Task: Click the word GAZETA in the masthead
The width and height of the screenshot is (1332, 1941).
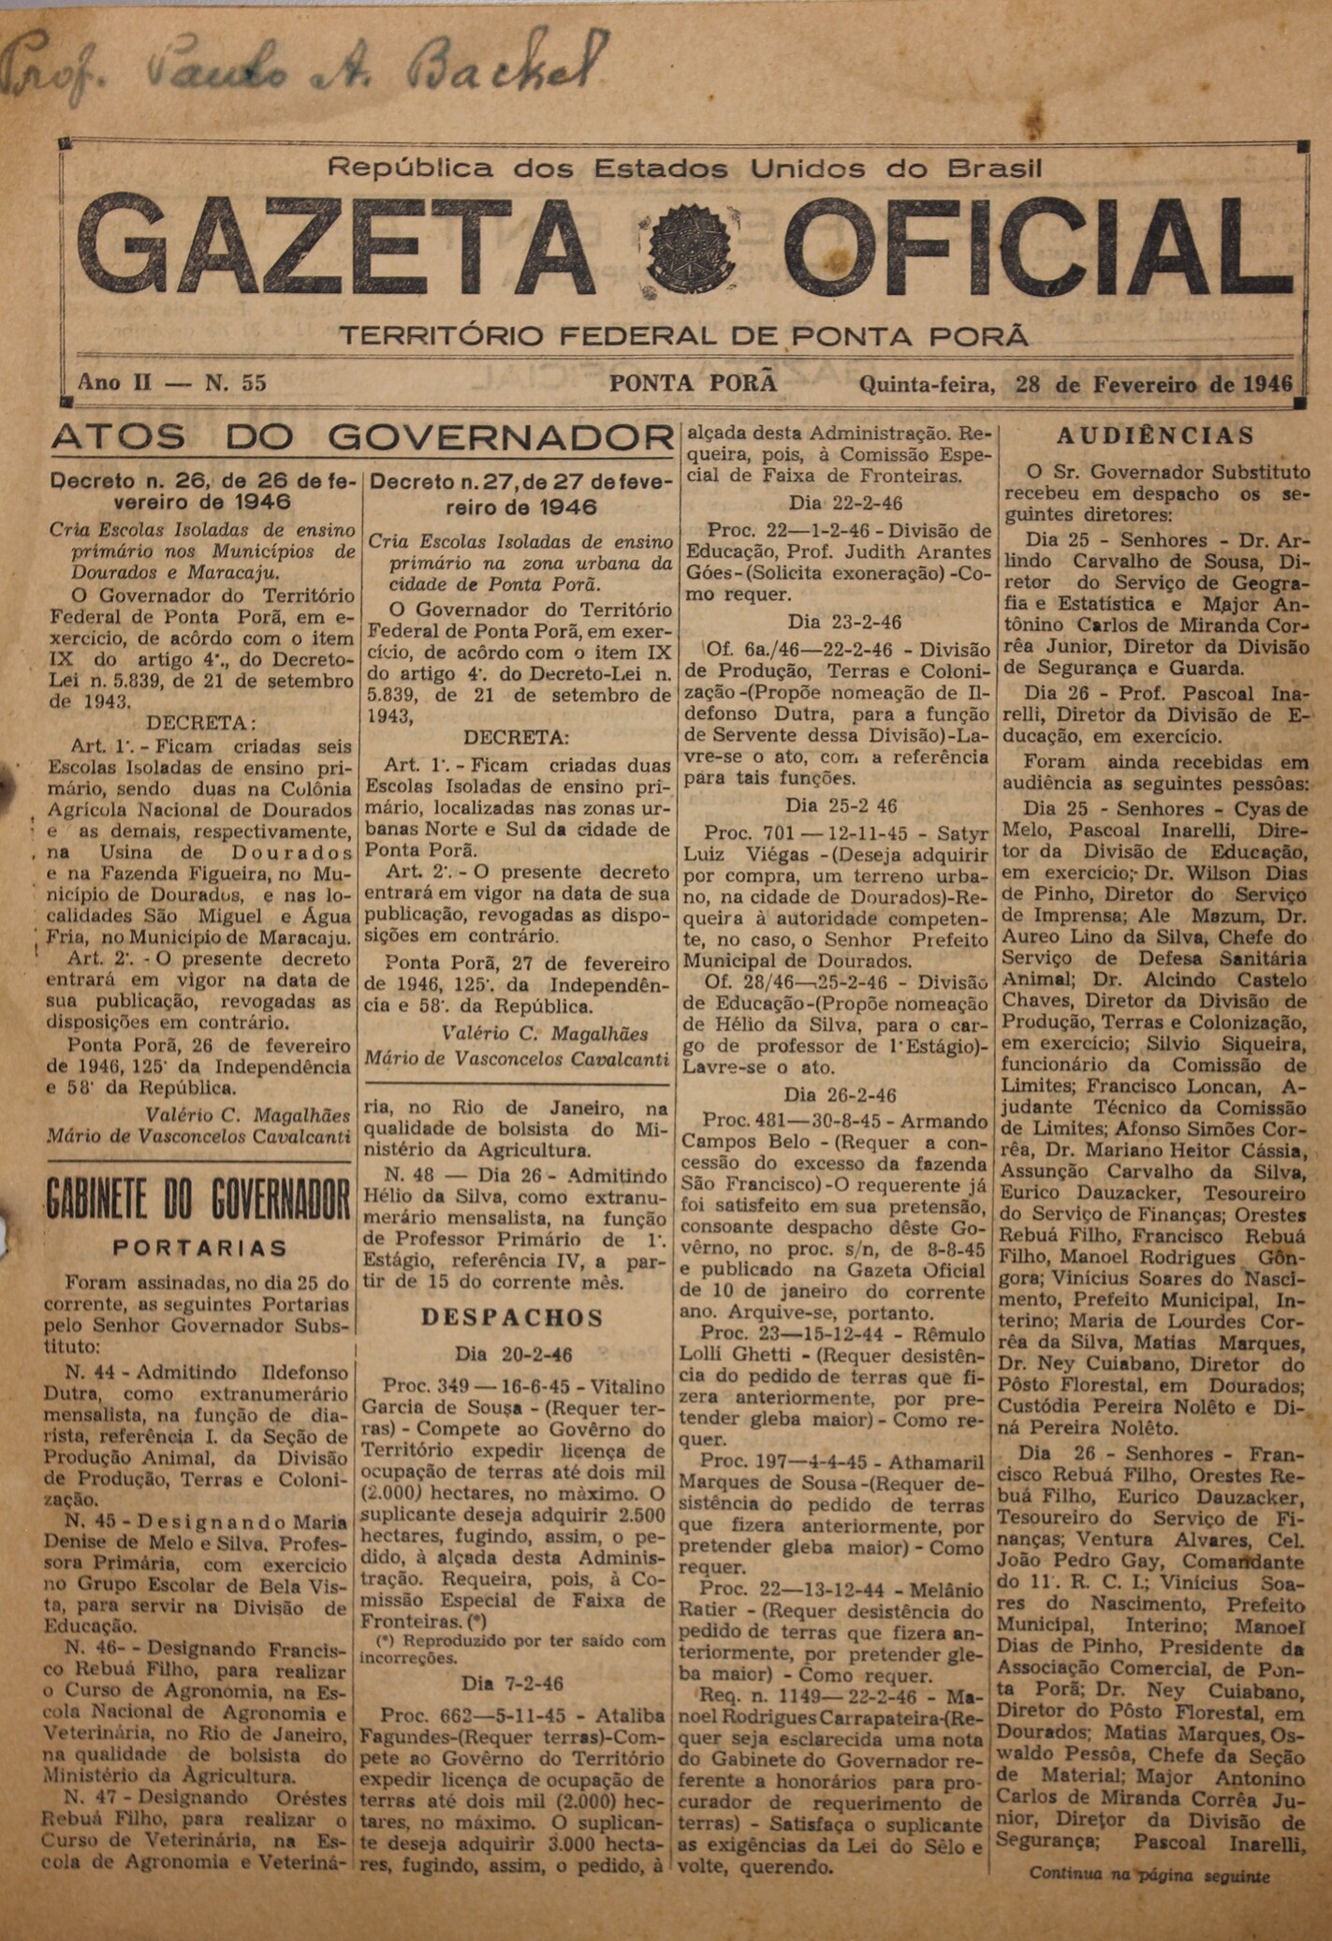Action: click(337, 245)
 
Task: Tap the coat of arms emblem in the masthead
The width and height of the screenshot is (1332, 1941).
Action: click(691, 249)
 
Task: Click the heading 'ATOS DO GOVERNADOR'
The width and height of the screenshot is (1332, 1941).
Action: click(363, 437)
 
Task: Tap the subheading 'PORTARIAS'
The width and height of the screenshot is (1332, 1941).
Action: click(199, 1248)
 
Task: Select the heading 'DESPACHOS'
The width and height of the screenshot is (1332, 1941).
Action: click(512, 1317)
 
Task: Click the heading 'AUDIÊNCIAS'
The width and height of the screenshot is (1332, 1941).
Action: click(1155, 435)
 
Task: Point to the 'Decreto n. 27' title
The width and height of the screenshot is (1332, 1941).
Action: click(520, 493)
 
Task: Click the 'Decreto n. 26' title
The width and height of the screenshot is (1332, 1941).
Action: click(202, 492)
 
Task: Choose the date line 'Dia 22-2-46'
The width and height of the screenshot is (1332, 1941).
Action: click(845, 504)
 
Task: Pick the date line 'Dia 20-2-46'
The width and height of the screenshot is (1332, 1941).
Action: click(513, 1354)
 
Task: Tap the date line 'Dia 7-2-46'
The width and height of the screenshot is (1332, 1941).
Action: click(513, 1684)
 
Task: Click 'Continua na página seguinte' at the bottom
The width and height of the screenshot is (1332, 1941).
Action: click(1149, 1875)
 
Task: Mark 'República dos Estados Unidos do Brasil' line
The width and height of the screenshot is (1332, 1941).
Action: click(684, 169)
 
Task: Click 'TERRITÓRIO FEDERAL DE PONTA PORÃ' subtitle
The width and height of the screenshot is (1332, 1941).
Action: click(683, 335)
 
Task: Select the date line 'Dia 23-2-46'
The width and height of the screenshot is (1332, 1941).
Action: click(844, 622)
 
